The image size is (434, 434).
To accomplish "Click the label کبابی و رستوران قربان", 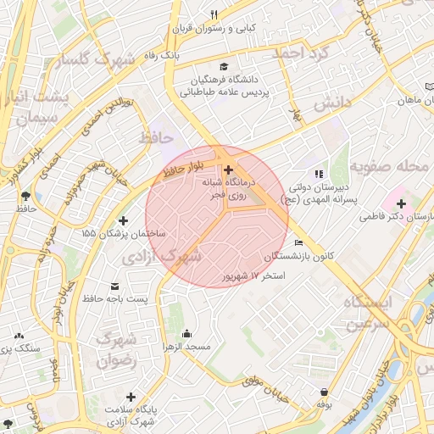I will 214,28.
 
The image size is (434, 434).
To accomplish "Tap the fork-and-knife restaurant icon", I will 214,14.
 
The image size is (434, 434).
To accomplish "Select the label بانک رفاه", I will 161,54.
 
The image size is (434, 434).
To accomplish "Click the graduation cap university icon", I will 223,67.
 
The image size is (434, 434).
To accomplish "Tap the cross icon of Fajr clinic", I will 228,170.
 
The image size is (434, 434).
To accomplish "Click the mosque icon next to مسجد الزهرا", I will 186,333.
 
